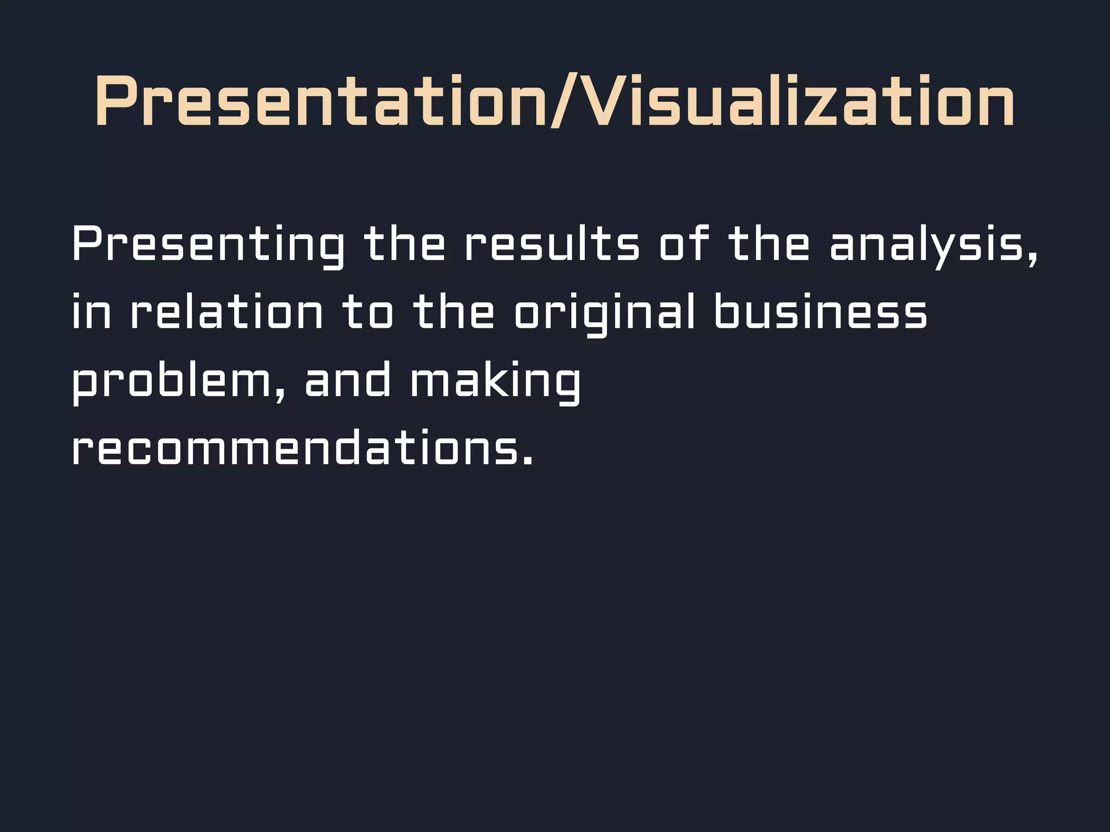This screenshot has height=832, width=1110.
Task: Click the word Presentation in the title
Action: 320,101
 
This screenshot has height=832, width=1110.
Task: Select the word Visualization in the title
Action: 799,101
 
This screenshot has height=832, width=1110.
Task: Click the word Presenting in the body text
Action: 208,245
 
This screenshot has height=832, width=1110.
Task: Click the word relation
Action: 227,313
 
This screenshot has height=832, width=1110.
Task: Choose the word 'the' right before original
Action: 454,313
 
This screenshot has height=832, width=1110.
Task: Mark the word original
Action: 604,314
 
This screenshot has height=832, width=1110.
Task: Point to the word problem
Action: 171,382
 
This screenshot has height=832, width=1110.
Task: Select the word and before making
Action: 347,381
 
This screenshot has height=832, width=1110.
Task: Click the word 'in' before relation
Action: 91,313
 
